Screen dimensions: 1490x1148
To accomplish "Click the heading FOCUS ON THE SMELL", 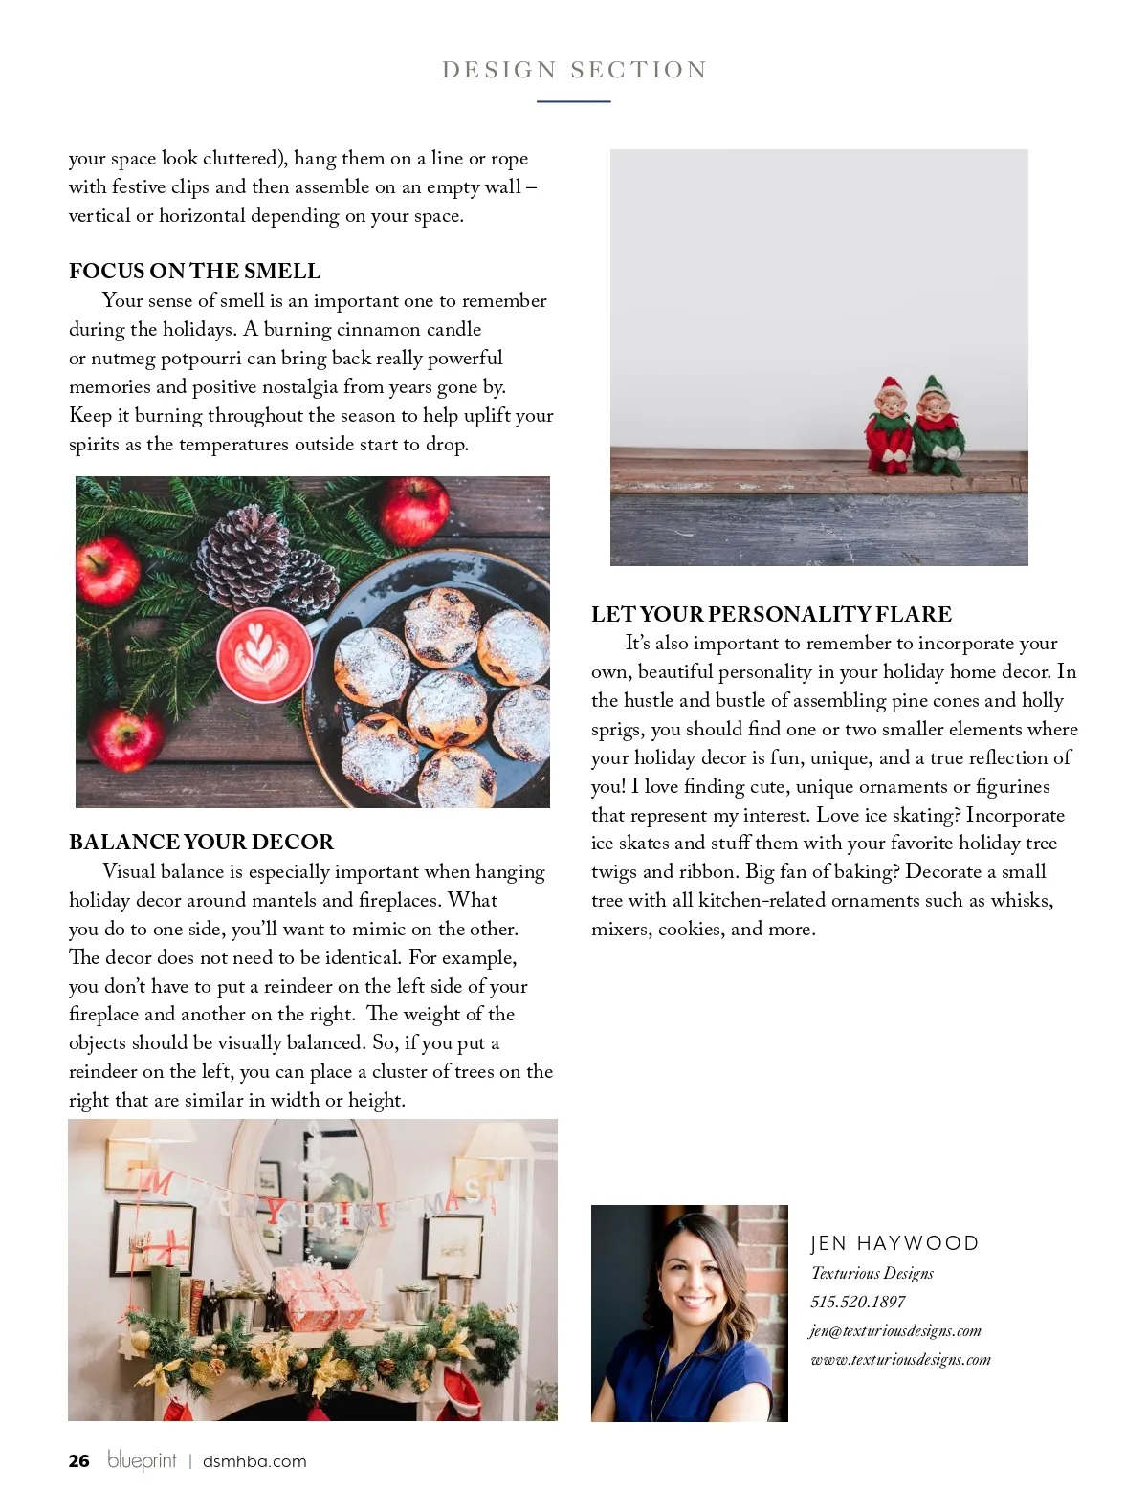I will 194,271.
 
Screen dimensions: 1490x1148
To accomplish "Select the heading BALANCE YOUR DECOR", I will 201,842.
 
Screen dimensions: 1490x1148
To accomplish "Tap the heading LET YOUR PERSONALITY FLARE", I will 771,614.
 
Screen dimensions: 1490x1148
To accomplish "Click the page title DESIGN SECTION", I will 574,70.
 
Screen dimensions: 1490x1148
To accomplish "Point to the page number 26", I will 78,1460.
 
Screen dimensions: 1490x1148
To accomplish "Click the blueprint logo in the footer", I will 142,1460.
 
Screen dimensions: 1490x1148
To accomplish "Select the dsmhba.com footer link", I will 254,1461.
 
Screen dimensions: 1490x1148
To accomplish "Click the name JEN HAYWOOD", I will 894,1243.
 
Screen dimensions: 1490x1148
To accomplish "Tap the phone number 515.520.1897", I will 857,1302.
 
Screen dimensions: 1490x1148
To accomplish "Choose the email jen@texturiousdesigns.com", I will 895,1330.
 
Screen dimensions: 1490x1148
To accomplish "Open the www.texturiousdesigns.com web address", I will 900,1359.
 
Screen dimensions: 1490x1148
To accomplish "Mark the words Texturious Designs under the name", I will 872,1273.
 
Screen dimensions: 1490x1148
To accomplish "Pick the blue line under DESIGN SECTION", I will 573,101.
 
